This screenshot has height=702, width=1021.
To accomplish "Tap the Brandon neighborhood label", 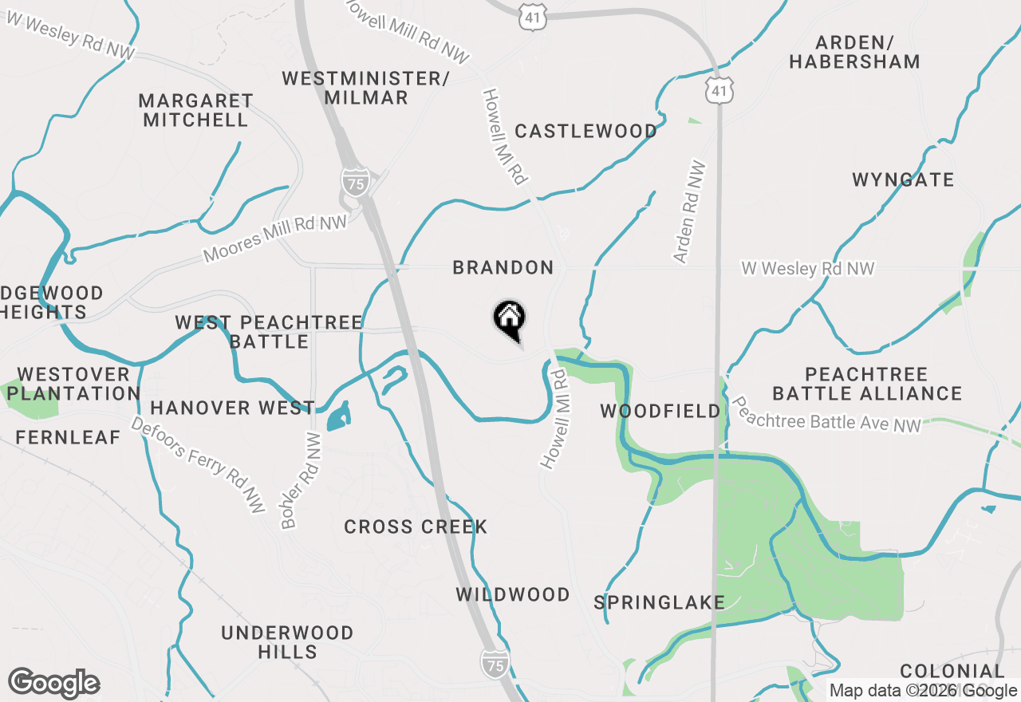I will click(x=503, y=268).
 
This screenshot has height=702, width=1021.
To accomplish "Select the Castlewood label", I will click(x=585, y=132).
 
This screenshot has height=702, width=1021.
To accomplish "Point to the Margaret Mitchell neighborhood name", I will click(x=195, y=111).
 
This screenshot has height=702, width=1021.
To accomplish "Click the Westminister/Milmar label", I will click(x=366, y=89).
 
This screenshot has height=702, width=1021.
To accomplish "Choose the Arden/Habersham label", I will click(x=854, y=52).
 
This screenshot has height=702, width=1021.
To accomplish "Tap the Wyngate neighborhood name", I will click(x=903, y=180).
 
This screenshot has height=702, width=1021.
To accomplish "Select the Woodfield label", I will click(x=660, y=412).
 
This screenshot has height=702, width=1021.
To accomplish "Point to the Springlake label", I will click(x=660, y=602).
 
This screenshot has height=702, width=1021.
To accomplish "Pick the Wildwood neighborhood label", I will click(x=513, y=595).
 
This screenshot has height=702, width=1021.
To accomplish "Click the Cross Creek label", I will click(x=416, y=527).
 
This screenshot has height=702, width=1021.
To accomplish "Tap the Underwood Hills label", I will click(x=287, y=642).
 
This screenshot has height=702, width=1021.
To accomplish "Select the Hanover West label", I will click(x=232, y=408).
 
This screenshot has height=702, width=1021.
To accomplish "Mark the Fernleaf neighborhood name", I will click(x=68, y=438).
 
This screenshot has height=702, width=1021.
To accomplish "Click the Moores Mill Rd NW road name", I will click(x=275, y=239).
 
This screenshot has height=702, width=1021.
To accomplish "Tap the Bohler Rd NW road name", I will click(x=300, y=481).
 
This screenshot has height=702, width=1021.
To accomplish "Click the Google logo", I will click(x=53, y=684).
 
